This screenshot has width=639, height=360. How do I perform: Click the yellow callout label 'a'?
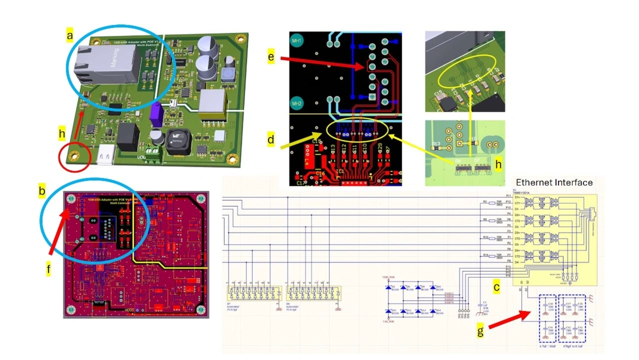tap(70, 35)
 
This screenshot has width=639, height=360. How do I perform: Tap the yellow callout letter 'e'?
tap(271, 57)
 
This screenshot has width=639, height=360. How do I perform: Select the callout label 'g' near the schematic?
tap(480, 332)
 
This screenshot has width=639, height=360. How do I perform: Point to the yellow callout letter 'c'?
tap(496, 287)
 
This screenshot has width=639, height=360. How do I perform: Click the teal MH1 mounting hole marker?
tap(296, 40)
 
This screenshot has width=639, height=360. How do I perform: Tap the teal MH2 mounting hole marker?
tap(296, 104)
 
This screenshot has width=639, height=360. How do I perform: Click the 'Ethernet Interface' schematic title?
tap(554, 183)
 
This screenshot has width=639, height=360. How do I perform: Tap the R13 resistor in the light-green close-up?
tap(436, 145)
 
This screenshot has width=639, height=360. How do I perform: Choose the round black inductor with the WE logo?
tap(178, 141)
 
